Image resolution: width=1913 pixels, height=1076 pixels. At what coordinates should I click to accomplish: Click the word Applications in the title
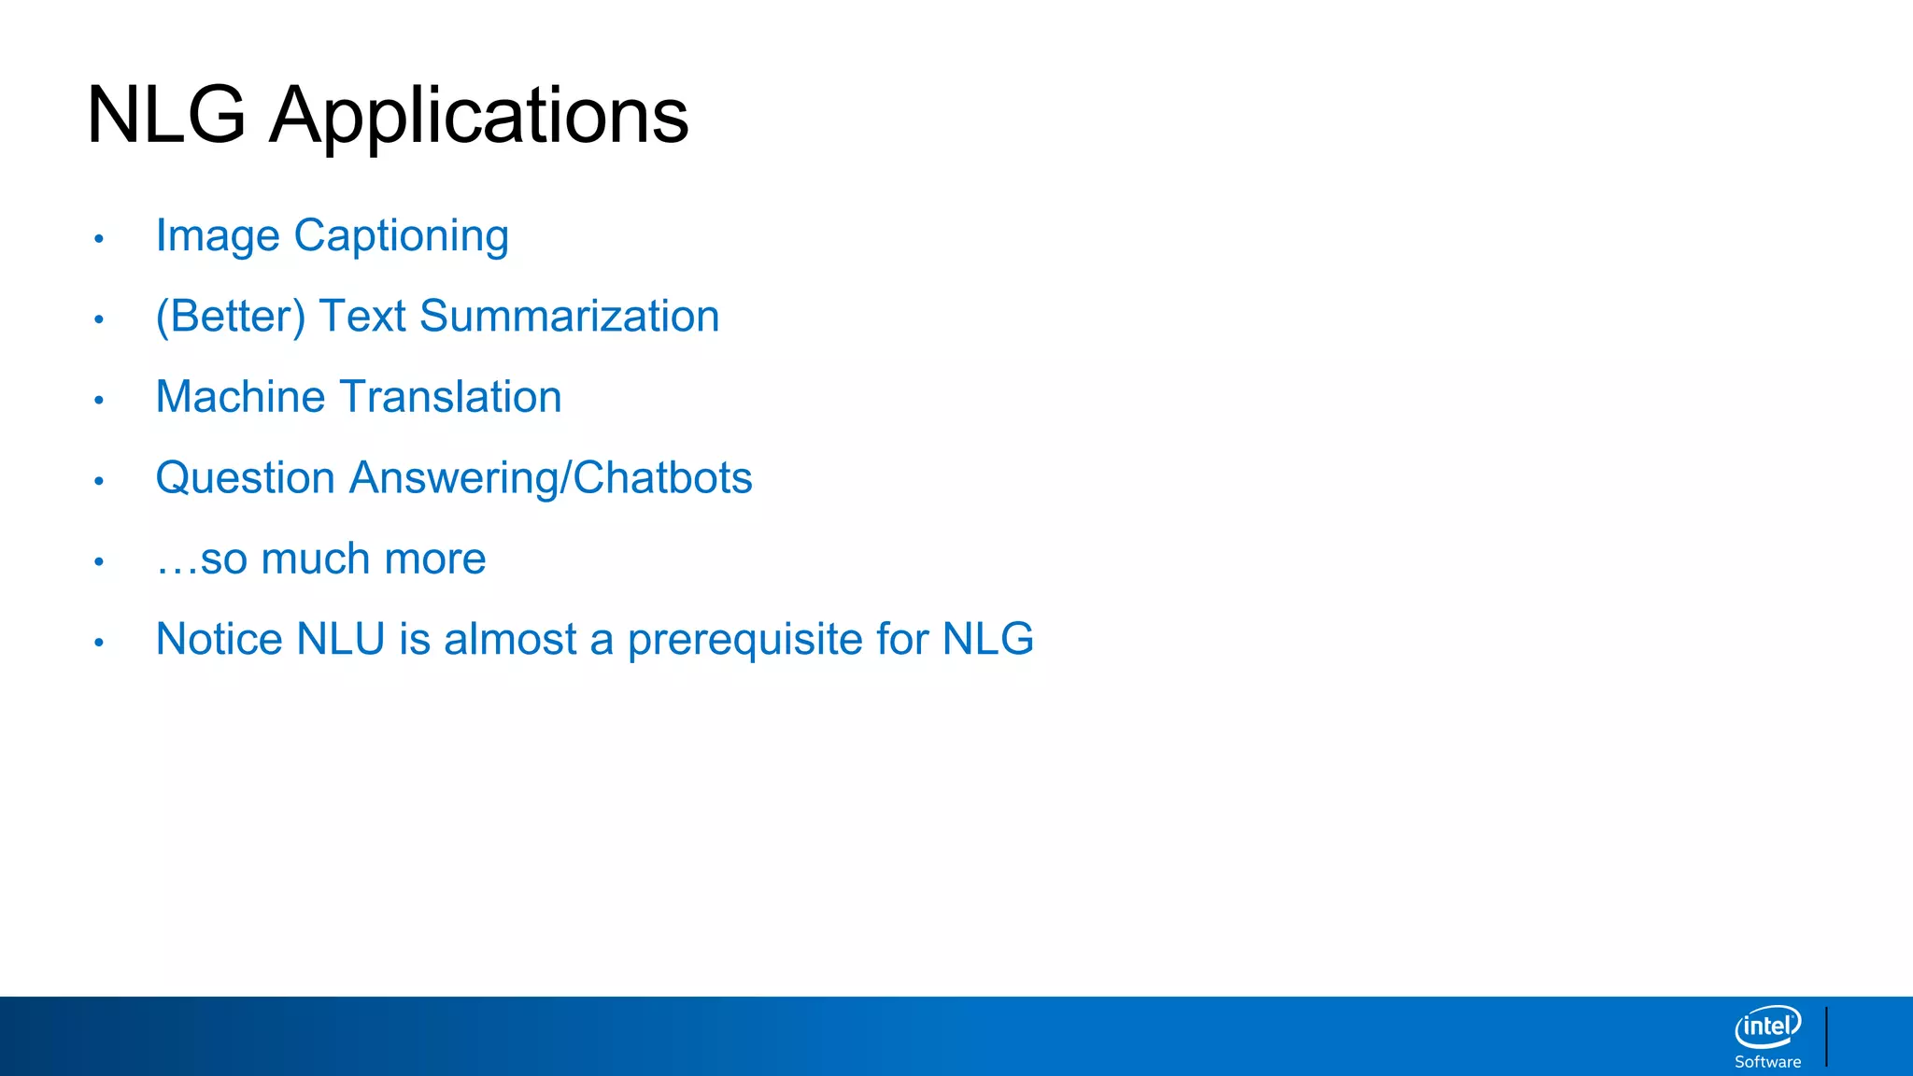(478, 116)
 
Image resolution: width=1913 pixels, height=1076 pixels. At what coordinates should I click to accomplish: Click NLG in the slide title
(166, 116)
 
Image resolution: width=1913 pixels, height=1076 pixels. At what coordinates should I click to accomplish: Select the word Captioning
(401, 235)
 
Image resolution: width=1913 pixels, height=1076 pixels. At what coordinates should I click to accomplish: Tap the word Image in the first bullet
(217, 235)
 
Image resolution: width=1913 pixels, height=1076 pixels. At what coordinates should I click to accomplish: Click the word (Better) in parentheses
(230, 317)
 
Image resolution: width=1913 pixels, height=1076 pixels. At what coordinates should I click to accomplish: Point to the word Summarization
(569, 317)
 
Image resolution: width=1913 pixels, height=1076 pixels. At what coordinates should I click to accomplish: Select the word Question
(245, 478)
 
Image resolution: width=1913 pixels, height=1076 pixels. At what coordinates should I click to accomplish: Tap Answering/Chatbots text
(550, 478)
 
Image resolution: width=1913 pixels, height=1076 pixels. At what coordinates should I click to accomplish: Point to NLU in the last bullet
(340, 640)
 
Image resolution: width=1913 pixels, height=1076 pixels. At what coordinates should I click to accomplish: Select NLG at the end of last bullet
(987, 640)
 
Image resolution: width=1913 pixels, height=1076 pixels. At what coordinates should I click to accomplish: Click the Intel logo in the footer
(1767, 1026)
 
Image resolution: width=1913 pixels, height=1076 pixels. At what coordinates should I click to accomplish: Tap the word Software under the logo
(1767, 1062)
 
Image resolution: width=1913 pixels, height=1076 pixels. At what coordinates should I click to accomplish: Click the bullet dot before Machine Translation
(99, 401)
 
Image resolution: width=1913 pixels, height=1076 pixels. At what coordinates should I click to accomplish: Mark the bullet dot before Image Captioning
(99, 239)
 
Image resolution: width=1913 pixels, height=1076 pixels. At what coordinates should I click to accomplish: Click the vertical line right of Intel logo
(1826, 1036)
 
